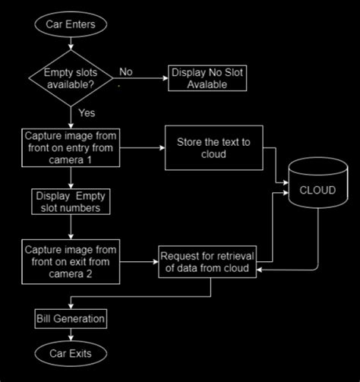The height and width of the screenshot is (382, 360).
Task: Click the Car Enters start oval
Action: [70, 24]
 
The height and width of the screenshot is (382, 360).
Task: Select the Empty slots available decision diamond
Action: [70, 77]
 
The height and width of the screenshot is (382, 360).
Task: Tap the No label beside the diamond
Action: [125, 72]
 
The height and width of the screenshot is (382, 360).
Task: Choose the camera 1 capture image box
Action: [70, 147]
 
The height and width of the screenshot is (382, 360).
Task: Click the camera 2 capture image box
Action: [70, 259]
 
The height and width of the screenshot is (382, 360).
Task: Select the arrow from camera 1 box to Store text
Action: [142, 147]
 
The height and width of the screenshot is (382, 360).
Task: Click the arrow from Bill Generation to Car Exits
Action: [70, 333]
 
